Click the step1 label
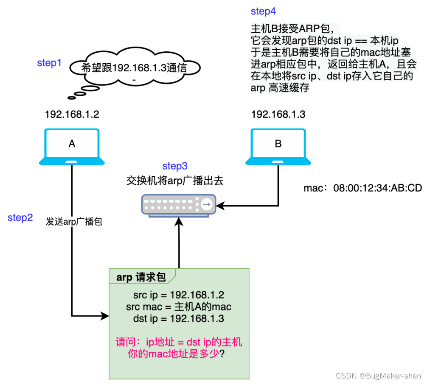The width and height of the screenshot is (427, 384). point(49,63)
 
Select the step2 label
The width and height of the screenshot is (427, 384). point(20,218)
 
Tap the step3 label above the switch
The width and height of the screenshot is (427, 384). point(174,166)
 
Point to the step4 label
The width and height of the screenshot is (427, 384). point(263,11)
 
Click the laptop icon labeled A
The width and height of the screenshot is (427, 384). point(72,146)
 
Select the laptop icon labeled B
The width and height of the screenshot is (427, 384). point(278,146)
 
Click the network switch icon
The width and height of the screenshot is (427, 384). point(178,205)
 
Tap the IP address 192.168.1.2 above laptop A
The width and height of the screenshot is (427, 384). point(72,114)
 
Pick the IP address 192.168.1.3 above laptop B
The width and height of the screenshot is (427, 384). point(278,114)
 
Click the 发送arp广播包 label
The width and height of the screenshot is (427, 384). point(74,222)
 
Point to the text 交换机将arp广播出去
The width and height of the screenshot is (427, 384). point(175,181)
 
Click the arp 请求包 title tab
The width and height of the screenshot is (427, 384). point(141,277)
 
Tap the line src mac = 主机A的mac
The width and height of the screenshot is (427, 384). point(178,307)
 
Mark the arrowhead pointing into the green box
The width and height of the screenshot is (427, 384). point(105,316)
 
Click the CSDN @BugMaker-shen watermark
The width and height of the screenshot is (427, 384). point(378,376)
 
